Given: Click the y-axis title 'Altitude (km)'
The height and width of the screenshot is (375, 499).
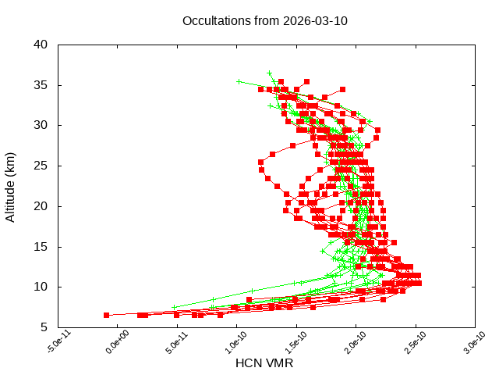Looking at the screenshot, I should pos(11,185).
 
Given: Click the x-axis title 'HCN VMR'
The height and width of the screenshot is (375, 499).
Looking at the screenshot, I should pos(264,362).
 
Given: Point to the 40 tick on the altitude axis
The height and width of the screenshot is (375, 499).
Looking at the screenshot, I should pos(41,44).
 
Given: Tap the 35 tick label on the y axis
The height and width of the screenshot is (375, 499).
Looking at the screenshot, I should pos(41,84).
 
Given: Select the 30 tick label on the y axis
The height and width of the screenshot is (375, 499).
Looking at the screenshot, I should pos(41,125).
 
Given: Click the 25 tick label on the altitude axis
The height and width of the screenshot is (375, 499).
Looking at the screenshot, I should pos(41,166).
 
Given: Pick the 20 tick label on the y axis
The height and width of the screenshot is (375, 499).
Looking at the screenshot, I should pos(41,206).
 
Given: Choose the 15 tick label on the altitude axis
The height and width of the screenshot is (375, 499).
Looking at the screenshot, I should pos(41,247).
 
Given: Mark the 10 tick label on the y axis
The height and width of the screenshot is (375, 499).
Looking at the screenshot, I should pos(41,287).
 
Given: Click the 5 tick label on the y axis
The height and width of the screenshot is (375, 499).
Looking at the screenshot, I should pos(45,327).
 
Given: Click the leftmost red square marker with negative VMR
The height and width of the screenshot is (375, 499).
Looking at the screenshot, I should pos(107,315).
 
